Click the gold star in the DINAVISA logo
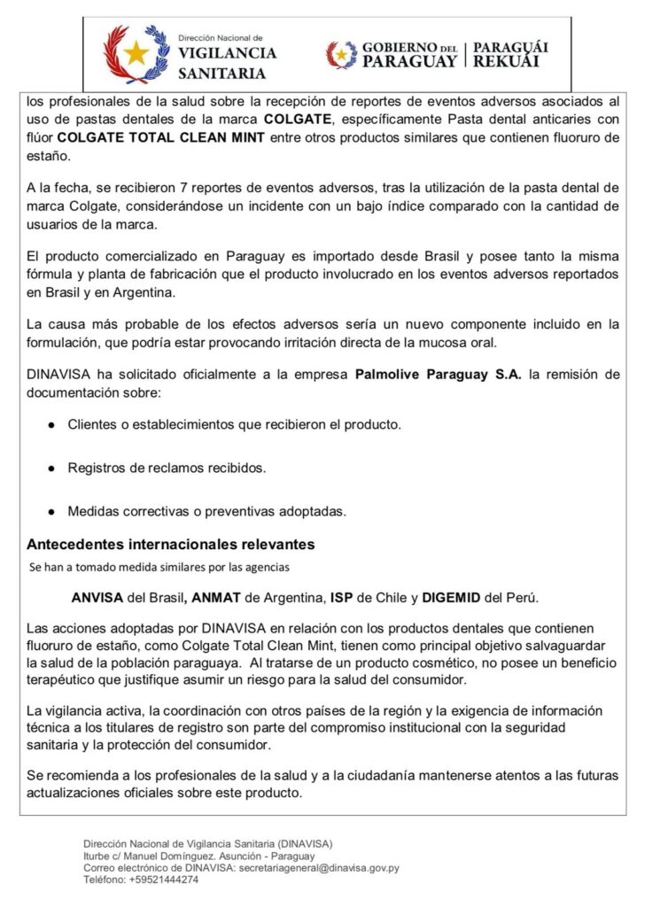(x=136, y=52)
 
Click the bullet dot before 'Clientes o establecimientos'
(x=52, y=425)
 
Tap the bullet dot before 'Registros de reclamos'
(x=52, y=468)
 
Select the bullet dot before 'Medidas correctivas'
(x=52, y=511)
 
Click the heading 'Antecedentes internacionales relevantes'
(x=170, y=544)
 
